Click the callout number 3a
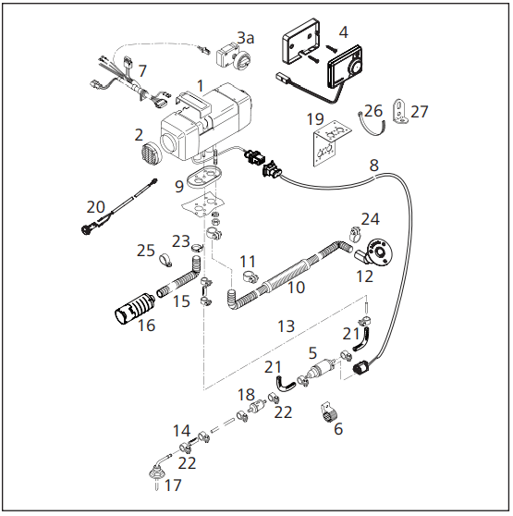point(246,38)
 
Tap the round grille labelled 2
point(152,153)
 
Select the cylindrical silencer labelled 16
point(134,308)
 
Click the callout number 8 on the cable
point(374,165)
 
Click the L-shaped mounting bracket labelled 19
point(330,142)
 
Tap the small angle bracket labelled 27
point(400,111)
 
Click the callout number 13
point(286,326)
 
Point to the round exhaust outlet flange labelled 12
point(378,252)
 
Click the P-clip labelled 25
point(165,260)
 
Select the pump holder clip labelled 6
point(328,412)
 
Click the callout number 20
point(96,207)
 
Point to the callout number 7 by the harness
point(142,71)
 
